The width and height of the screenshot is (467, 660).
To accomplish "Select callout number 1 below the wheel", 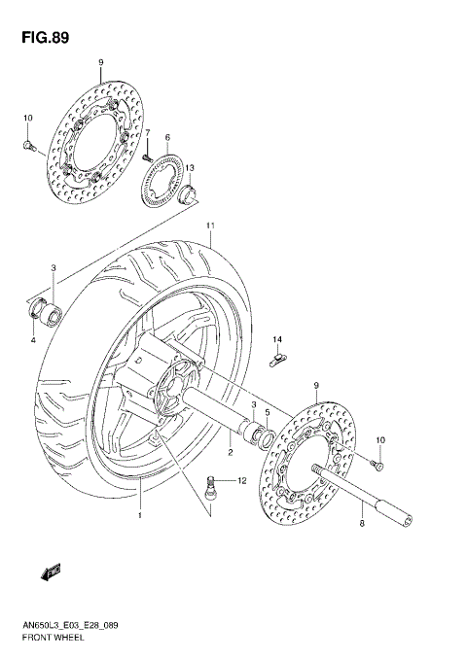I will click(x=140, y=516).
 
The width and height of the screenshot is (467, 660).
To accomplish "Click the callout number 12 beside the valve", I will click(x=241, y=481).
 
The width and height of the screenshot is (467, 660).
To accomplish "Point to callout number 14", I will click(x=276, y=339).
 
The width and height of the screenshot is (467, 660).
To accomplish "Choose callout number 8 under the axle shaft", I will click(x=362, y=524).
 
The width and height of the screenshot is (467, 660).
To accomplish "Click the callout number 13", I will click(x=191, y=167).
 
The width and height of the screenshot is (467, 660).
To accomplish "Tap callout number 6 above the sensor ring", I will click(x=167, y=137).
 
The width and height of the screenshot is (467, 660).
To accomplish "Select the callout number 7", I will click(x=148, y=133).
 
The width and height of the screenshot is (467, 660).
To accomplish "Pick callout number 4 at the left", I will click(x=32, y=340).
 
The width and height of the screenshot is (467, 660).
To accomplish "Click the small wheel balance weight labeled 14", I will click(x=276, y=361).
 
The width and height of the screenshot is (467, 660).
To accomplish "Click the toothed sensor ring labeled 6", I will click(x=162, y=182).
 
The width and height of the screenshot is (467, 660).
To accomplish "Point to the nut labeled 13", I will click(x=192, y=193).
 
